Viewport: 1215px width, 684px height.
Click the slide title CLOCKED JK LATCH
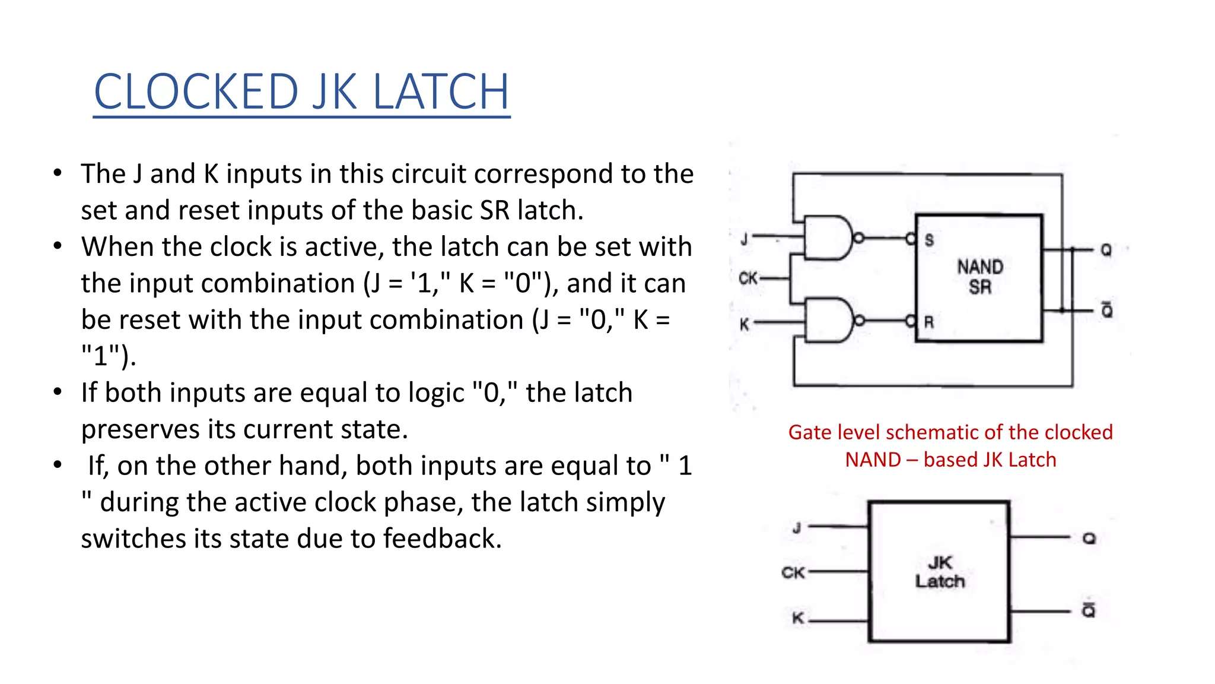(x=301, y=92)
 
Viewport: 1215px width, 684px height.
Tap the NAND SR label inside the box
(x=980, y=277)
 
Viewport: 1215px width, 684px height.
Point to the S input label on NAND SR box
(x=929, y=240)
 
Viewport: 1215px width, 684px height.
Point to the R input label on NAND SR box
(x=929, y=322)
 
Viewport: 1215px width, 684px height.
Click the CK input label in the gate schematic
(x=748, y=277)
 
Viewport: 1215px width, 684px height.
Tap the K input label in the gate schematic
(x=745, y=324)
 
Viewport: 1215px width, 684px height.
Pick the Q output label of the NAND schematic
(x=1106, y=250)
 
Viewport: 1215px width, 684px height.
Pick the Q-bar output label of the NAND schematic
(x=1107, y=310)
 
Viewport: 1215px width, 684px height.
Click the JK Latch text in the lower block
(x=940, y=572)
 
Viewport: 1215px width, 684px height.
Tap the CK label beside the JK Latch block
(x=793, y=572)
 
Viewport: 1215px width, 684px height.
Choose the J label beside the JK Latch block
(x=797, y=527)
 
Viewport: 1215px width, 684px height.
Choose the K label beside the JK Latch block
(x=798, y=619)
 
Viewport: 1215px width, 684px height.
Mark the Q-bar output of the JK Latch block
(x=1089, y=609)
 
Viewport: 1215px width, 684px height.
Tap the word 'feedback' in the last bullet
(x=442, y=539)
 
